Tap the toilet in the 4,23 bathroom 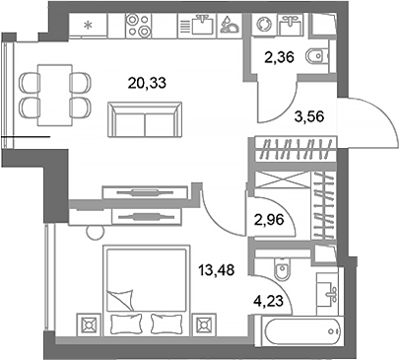coord(282,267)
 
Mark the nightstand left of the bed coord(86,323)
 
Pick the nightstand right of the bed coord(205,323)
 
